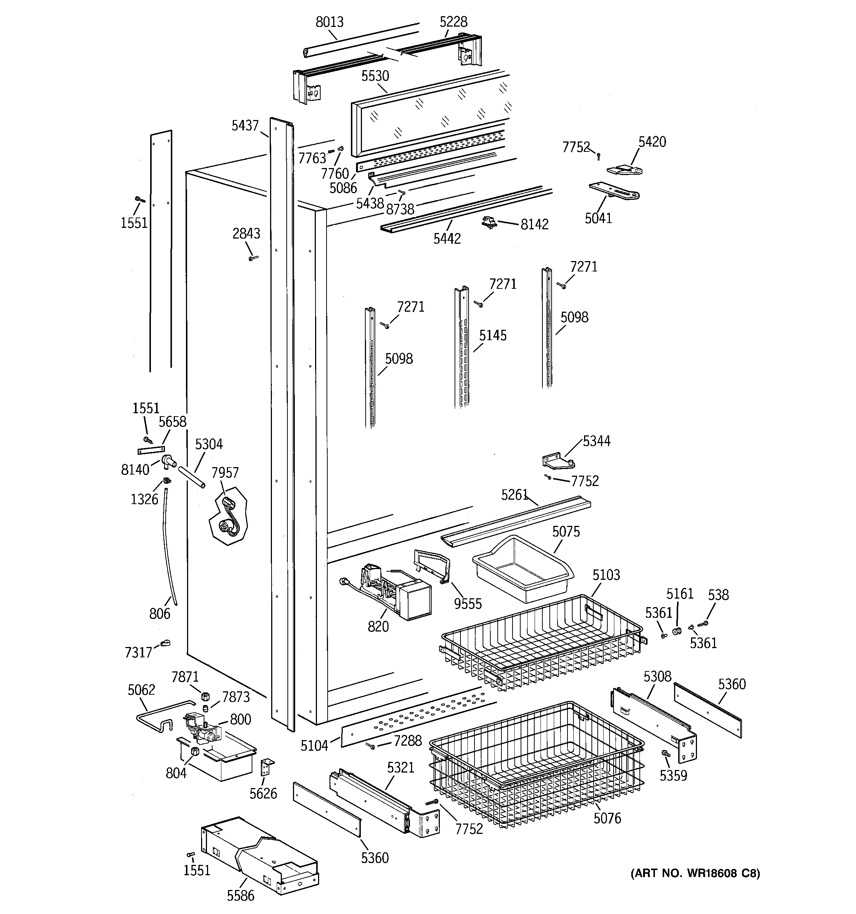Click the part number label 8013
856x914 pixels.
tap(329, 22)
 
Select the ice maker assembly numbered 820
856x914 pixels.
tap(395, 593)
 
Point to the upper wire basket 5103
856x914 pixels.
tap(542, 644)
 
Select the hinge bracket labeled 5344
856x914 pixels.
tap(558, 461)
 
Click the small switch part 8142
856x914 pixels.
tap(490, 223)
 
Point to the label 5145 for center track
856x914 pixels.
tap(493, 335)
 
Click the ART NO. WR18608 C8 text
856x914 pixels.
tap(695, 873)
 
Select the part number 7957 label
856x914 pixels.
tap(225, 472)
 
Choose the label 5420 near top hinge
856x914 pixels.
tap(652, 141)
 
